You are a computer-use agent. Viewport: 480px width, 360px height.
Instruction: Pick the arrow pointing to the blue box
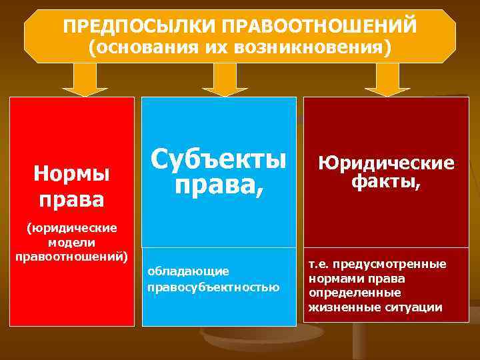pyautogui.click(x=225, y=81)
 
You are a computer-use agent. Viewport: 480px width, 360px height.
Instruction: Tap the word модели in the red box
pyautogui.click(x=72, y=242)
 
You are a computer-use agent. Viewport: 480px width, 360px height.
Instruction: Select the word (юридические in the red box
pyautogui.click(x=72, y=229)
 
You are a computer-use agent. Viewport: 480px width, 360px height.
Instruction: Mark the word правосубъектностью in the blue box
pyautogui.click(x=213, y=287)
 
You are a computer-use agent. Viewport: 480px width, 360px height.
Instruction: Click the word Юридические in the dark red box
pyautogui.click(x=386, y=163)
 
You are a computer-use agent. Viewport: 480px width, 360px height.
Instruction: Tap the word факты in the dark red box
pyautogui.click(x=383, y=182)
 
